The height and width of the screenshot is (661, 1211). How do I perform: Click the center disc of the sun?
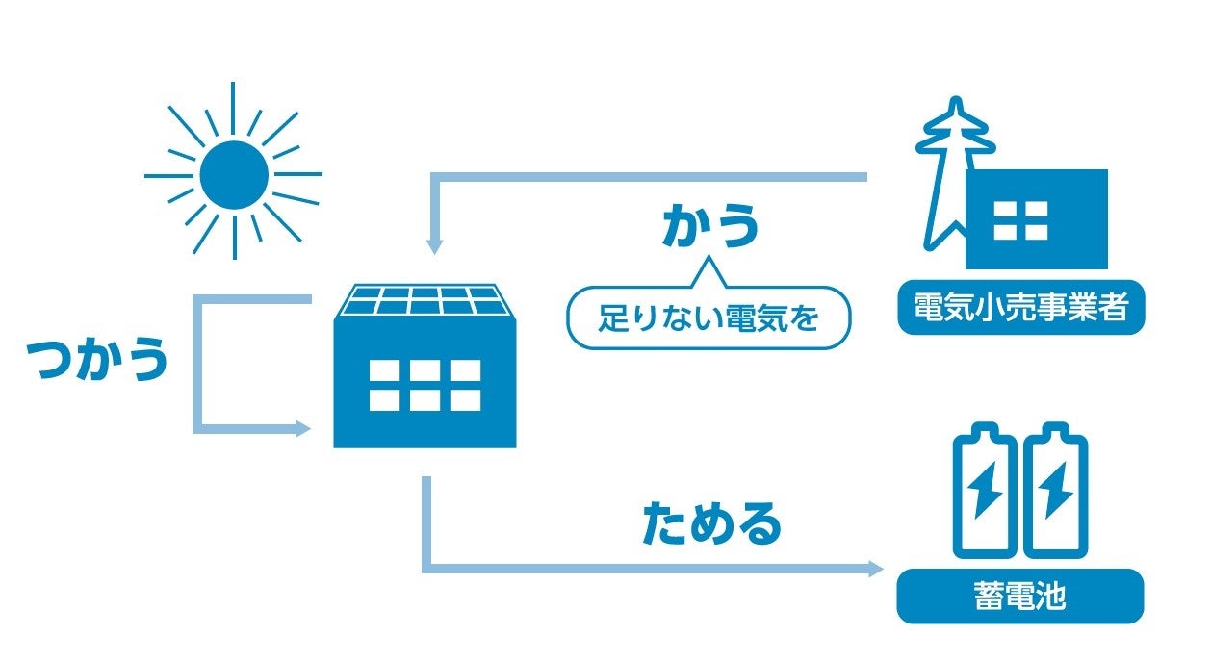234,174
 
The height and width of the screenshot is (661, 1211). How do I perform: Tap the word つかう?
97,358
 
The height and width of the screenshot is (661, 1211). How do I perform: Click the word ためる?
711,522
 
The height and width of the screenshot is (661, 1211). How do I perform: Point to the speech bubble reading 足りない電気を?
709,317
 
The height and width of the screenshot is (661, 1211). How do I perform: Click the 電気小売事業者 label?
1020,309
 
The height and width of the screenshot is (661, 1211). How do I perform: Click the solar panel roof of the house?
425,300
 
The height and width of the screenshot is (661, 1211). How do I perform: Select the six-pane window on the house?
425,385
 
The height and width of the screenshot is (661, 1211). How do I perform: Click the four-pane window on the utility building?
1020,219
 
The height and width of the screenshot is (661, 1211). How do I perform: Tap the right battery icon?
1056,493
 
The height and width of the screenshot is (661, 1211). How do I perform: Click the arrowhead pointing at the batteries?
875,569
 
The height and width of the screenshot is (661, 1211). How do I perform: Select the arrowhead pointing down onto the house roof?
434,246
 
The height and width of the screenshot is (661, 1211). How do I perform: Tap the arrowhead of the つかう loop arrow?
302,428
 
